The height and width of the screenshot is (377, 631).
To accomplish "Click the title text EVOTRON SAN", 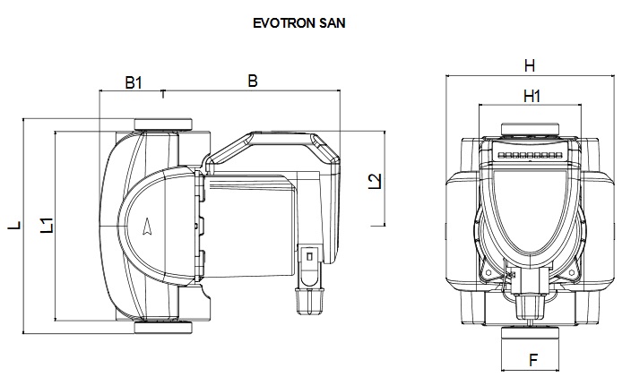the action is [x=299, y=23].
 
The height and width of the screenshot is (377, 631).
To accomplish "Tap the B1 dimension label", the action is [x=134, y=82].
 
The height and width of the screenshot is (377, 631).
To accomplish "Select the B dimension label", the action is [x=253, y=81].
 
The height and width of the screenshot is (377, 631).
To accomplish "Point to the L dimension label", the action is [x=14, y=225].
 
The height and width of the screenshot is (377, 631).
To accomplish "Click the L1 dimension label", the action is [x=48, y=225].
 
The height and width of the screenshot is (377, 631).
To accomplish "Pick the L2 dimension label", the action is [x=375, y=181].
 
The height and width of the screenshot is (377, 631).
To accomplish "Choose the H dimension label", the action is [x=530, y=65].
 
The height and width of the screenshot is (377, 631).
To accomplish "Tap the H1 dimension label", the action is [x=532, y=96].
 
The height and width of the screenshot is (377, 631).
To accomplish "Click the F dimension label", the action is [x=533, y=360].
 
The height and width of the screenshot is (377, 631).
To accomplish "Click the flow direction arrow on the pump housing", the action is [x=147, y=227].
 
